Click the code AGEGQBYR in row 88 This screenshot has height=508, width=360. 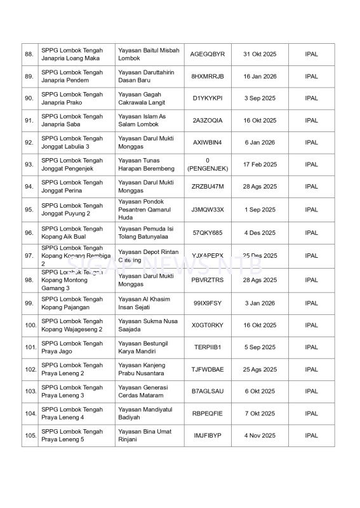tap(208, 55)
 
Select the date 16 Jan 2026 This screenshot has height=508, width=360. tap(260, 76)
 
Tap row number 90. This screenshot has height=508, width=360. tap(29, 98)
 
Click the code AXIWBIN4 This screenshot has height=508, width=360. tap(208, 142)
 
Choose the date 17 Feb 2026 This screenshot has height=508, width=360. tap(260, 164)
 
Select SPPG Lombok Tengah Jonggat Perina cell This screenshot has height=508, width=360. tap(72, 187)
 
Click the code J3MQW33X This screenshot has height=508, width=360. tap(208, 210)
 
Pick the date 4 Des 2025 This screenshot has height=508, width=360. tap(260, 233)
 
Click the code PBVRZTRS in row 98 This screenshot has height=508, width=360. tap(208, 280)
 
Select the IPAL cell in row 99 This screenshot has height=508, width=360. tap(311, 304)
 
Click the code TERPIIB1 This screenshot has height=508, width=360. tap(208, 347)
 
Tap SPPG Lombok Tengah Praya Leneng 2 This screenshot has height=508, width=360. tap(72, 370)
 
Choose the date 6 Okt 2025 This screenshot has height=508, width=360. tap(260, 391)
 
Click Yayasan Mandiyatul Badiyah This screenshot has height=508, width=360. tap(142, 413)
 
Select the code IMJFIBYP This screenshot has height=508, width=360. tap(208, 436)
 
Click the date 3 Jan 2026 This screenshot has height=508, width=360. tap(260, 304)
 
